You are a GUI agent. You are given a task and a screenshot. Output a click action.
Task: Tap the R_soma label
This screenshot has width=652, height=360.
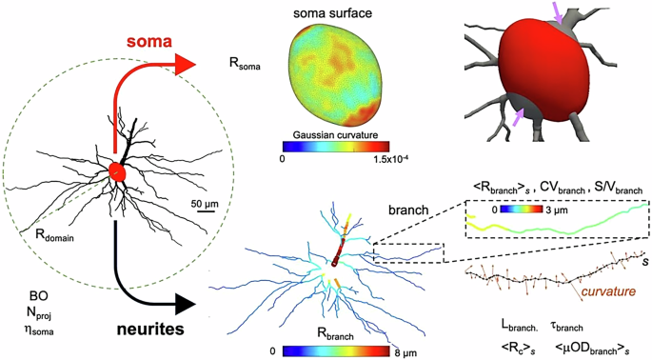[244, 66]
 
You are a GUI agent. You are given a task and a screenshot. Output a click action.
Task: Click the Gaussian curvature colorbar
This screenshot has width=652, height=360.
[334, 148]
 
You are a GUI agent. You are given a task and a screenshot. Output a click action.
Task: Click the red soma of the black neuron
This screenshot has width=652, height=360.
[117, 172]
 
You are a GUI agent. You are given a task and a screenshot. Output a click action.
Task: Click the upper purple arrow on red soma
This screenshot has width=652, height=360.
[559, 15]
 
